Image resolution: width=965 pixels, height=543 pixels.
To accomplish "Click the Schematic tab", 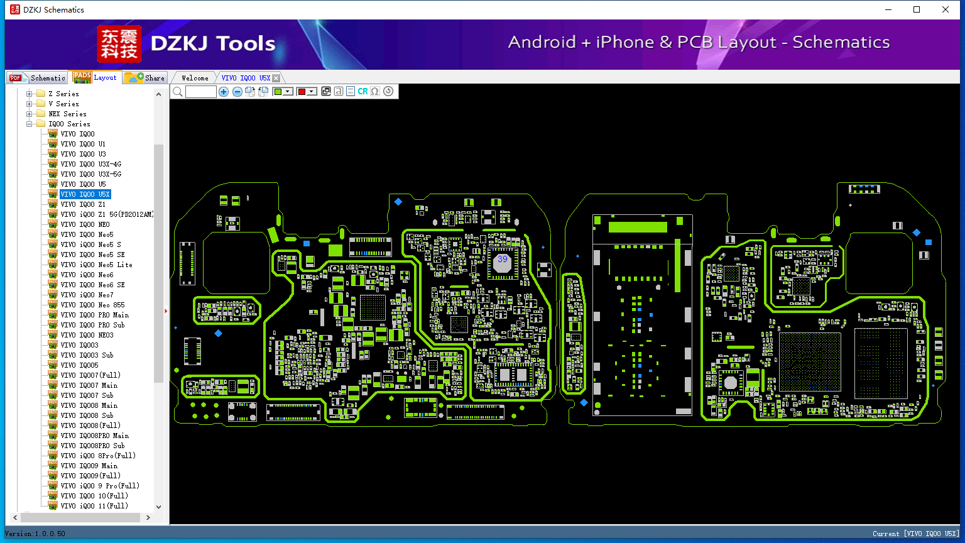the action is click(38, 77).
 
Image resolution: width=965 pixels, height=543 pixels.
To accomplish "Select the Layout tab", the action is click(95, 77).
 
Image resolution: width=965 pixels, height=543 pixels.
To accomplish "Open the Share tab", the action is click(144, 77).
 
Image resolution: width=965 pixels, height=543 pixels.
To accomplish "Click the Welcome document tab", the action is click(195, 78).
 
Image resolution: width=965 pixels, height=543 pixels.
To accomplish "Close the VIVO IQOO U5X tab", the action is click(276, 78).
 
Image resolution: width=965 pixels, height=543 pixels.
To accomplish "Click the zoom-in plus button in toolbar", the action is click(224, 91).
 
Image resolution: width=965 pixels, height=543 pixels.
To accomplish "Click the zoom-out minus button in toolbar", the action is click(237, 91).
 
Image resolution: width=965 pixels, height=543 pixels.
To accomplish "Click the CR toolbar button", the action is click(363, 91).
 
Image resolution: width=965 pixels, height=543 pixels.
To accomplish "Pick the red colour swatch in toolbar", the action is click(302, 91).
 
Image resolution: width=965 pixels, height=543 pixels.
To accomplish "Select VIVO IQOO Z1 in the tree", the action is click(83, 204).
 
